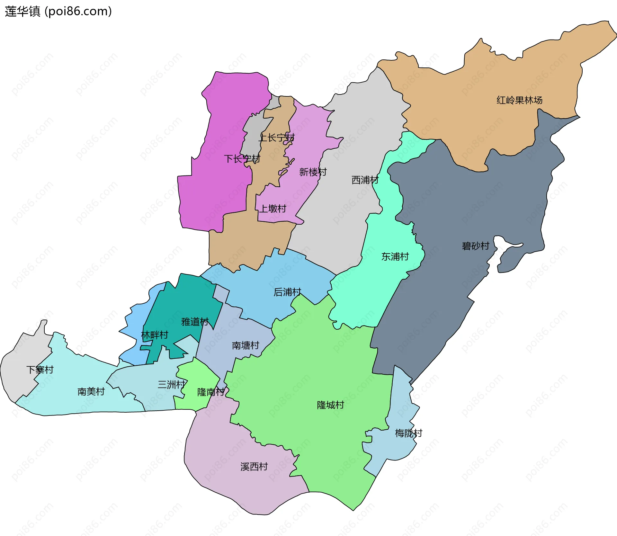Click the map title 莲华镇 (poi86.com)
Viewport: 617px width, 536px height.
[58, 11]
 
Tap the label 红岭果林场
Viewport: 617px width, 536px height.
[519, 100]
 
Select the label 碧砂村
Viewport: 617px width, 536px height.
[475, 246]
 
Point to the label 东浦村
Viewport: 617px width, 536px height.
[395, 257]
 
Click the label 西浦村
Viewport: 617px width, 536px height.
[365, 180]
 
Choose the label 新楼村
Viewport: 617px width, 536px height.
[313, 172]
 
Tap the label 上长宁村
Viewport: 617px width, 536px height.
[277, 138]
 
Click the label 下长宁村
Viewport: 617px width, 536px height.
[242, 159]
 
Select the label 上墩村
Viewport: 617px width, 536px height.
[273, 209]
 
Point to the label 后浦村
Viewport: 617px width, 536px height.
[287, 292]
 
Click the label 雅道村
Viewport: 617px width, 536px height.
[195, 322]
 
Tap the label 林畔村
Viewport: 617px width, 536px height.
[155, 335]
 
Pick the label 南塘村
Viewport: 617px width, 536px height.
[246, 345]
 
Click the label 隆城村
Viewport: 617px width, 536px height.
[330, 405]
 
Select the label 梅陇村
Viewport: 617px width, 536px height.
[408, 433]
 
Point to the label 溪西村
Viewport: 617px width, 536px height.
[254, 467]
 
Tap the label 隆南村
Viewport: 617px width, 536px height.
[211, 392]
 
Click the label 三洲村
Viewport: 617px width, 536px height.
[172, 384]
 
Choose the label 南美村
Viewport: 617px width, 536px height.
[91, 391]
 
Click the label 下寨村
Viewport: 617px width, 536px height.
[40, 370]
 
